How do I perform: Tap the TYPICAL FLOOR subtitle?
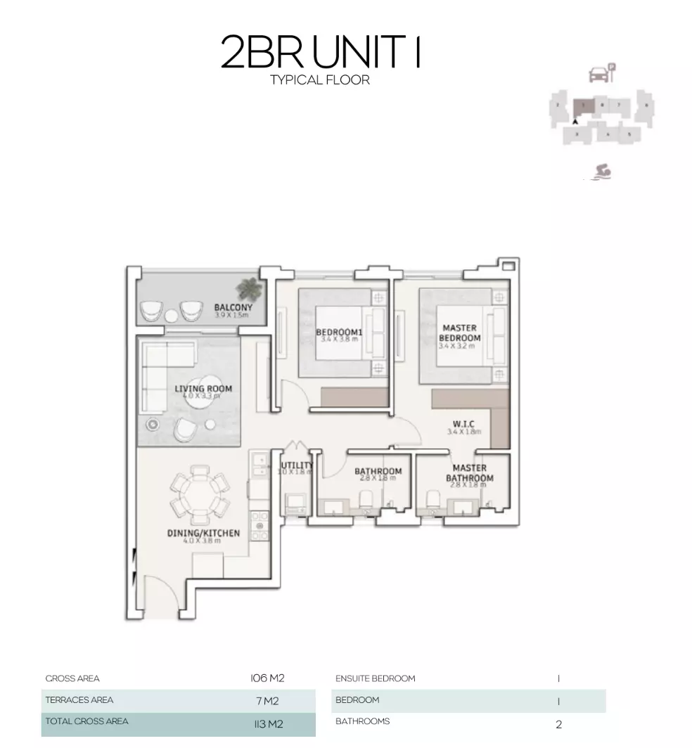tap(320, 80)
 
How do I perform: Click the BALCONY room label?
tap(233, 307)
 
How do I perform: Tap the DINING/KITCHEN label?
tap(203, 534)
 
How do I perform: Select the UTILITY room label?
tap(297, 465)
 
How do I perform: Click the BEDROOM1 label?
tap(338, 332)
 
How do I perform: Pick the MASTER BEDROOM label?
tap(460, 333)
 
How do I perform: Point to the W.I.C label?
tap(463, 424)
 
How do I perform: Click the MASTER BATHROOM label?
tap(469, 473)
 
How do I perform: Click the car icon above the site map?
tap(598, 73)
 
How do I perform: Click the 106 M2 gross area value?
tap(267, 678)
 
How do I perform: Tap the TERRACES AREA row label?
tap(79, 700)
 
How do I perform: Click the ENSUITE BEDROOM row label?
tap(376, 678)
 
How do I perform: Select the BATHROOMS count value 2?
tap(559, 723)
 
